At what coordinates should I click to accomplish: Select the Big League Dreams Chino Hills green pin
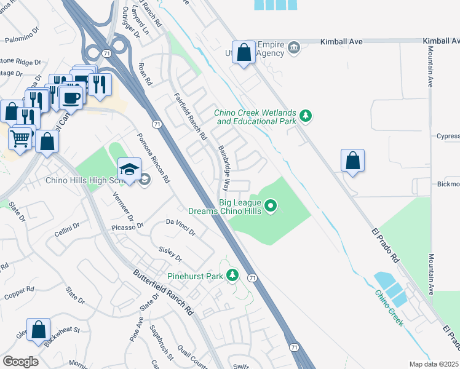(271, 205)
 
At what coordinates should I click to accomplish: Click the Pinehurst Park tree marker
(232, 275)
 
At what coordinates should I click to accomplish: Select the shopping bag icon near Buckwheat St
(38, 330)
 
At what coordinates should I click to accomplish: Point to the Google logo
(20, 361)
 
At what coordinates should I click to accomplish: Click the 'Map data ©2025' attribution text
(434, 364)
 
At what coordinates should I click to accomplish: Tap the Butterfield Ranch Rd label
(164, 293)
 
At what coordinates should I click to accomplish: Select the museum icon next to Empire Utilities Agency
(294, 47)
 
